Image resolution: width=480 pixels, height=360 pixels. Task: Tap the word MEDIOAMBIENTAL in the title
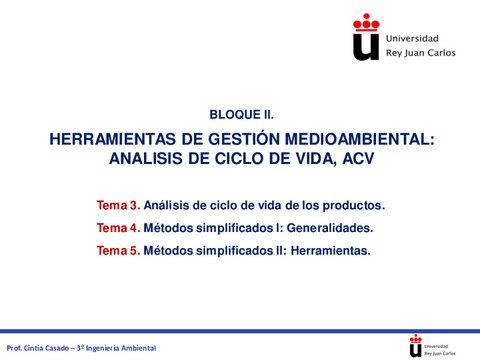coord(360,141)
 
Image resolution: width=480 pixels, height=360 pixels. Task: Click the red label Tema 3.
coord(118,205)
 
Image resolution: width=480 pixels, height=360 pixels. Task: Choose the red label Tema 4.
coord(118,227)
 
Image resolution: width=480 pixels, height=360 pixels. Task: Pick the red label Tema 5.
coord(118,250)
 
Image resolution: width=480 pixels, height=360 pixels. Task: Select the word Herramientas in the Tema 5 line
coord(332,250)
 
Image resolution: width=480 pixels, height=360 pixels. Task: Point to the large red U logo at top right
coord(368,38)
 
